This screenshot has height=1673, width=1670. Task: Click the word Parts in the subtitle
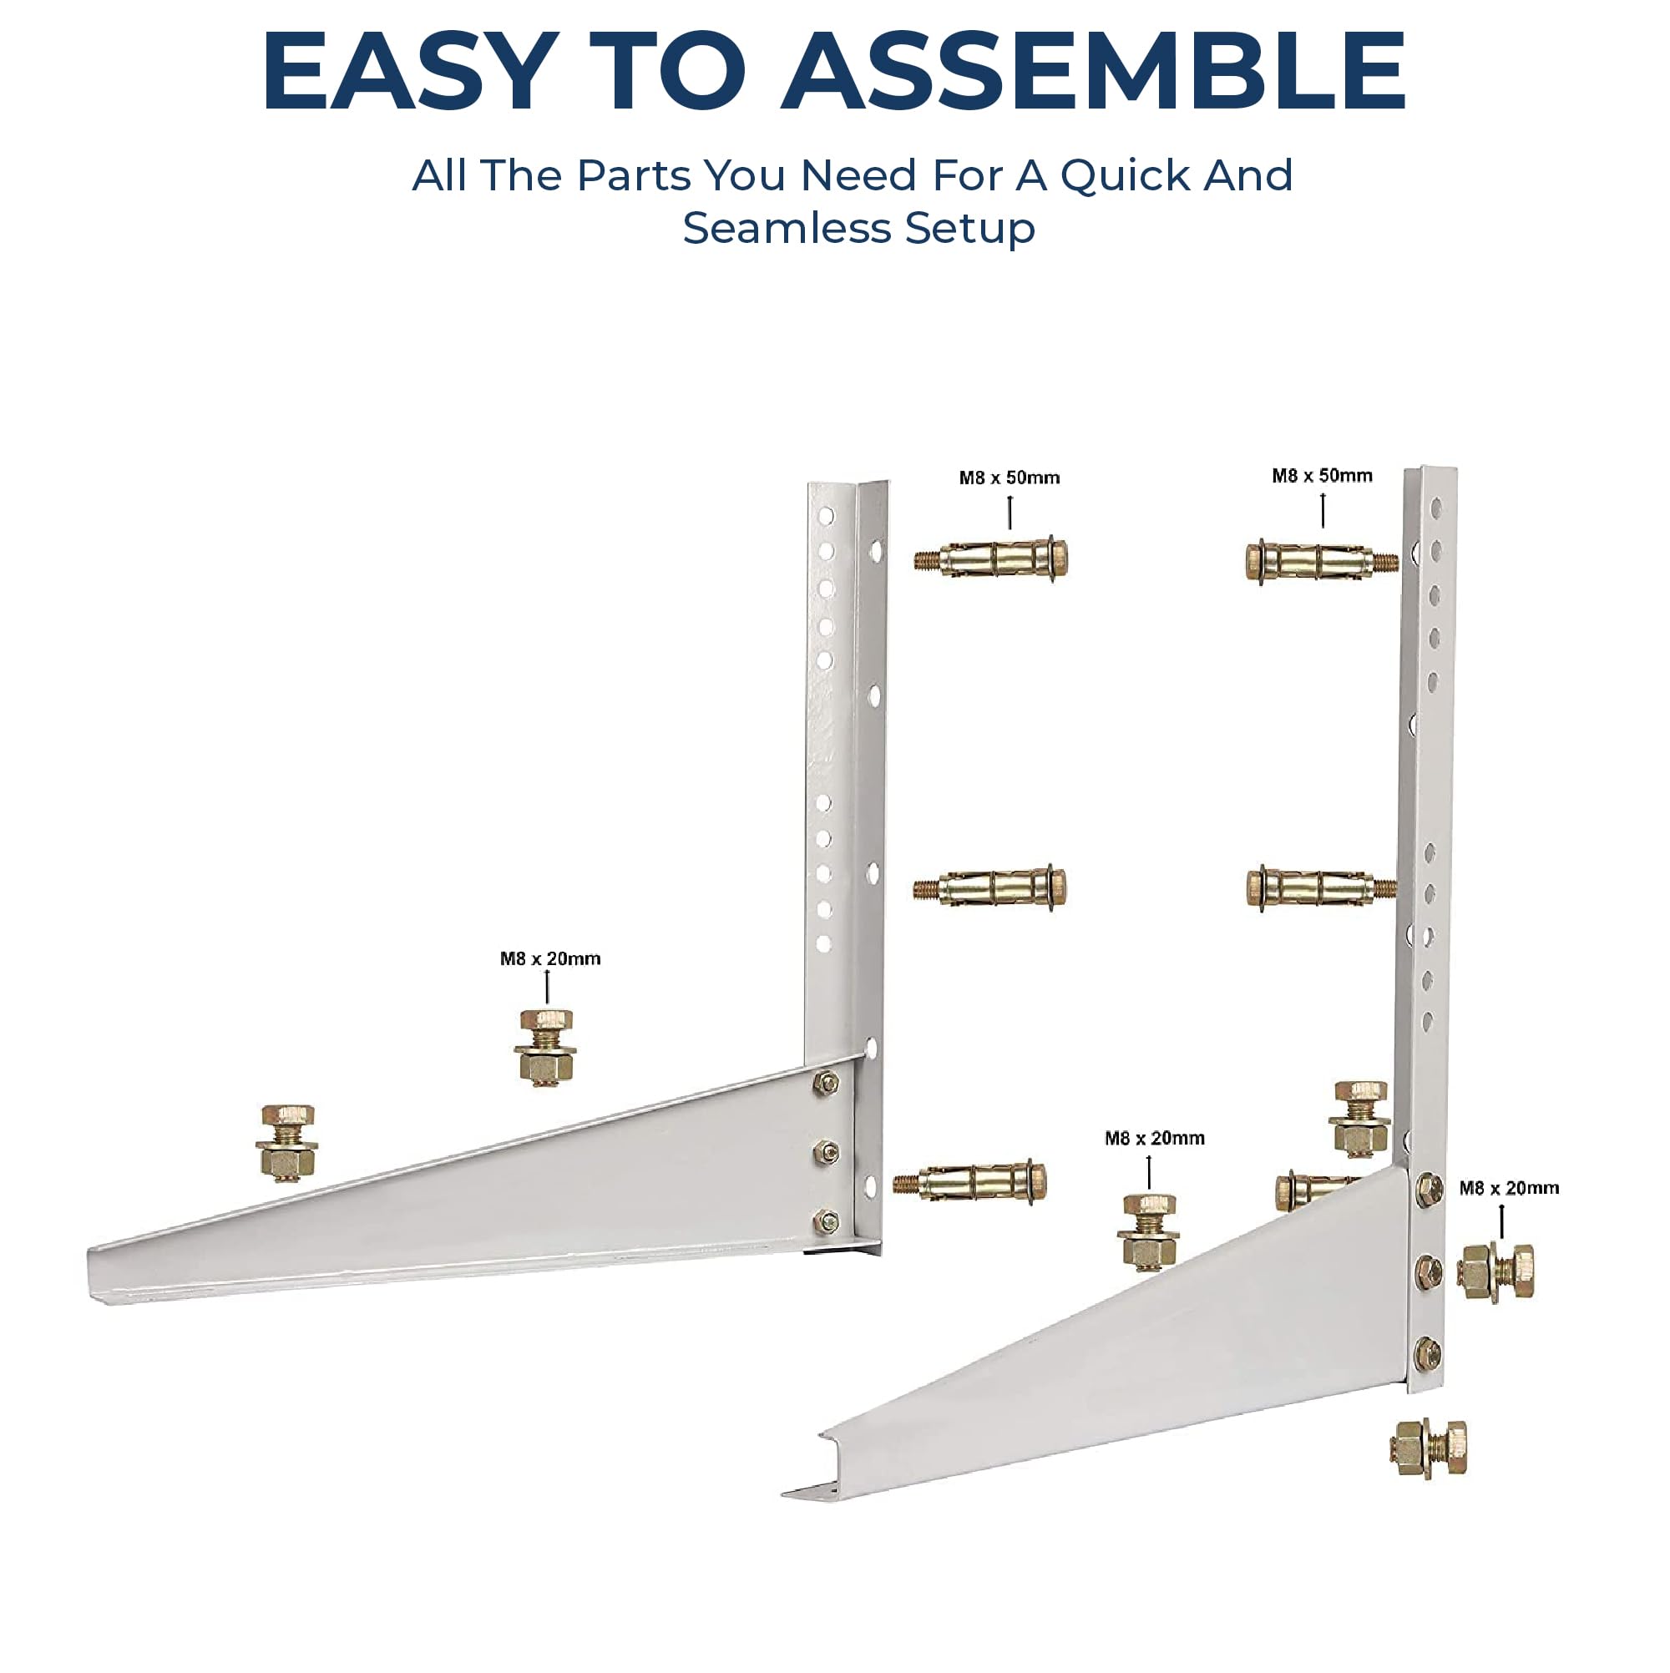point(634,176)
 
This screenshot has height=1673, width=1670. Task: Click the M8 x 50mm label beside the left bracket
point(1010,478)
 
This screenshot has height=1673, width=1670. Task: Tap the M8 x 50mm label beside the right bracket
point(1322,475)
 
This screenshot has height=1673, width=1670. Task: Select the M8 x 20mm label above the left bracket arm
point(550,958)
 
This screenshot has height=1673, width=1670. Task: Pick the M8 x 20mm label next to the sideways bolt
point(1509,1188)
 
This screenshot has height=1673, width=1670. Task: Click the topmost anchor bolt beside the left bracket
point(991,559)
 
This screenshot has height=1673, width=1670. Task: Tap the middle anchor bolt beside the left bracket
point(990,887)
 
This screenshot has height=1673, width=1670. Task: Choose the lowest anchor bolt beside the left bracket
point(970,1182)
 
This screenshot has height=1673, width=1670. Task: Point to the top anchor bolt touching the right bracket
point(1322,561)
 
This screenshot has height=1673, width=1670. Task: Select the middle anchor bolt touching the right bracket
point(1322,888)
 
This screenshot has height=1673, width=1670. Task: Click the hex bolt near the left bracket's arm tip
point(286,1143)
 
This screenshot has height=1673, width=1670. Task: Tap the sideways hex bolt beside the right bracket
point(1495,1271)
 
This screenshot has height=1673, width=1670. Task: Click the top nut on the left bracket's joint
point(827,1082)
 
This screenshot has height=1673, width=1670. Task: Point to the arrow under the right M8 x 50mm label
point(1323,510)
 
